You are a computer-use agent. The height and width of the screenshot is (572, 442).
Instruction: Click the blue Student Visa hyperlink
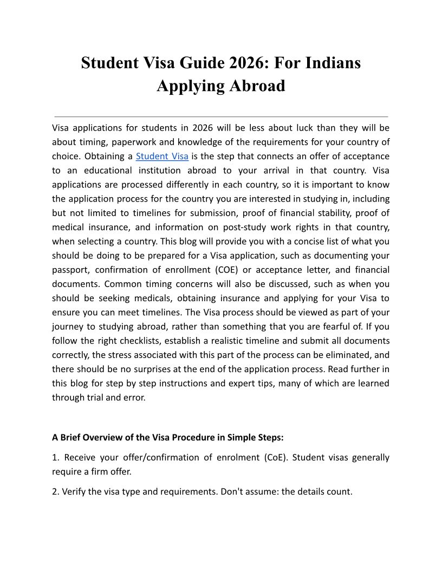pos(162,157)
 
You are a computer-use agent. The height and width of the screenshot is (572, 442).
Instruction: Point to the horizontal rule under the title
pos(221,116)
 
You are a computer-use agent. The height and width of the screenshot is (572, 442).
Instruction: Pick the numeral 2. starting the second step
pos(56,492)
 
